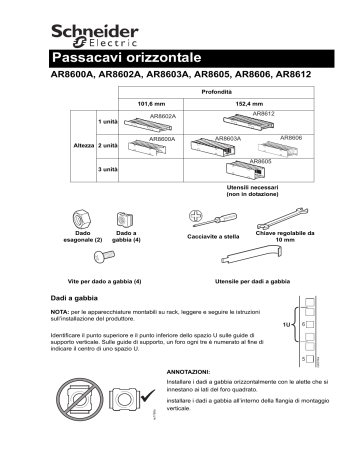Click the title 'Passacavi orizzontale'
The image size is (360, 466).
[125, 57]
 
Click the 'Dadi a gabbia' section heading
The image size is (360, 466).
[78, 297]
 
